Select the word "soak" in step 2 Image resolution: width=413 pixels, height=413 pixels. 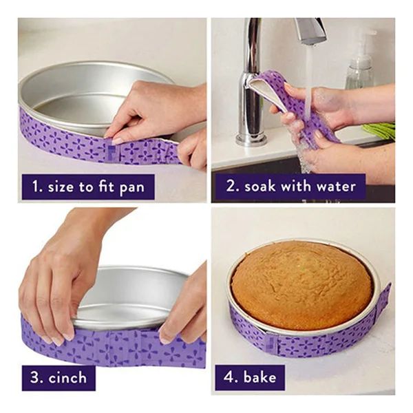(260, 187)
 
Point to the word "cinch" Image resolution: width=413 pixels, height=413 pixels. (67, 378)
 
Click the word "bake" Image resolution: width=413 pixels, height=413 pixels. (260, 377)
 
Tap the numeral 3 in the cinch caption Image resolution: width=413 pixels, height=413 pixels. (36, 378)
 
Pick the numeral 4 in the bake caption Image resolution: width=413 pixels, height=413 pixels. (229, 377)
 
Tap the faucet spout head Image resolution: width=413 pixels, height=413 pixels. (311, 31)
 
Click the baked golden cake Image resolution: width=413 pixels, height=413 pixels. (302, 285)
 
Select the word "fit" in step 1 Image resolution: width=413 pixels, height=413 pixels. (107, 187)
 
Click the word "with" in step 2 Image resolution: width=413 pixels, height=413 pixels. (296, 186)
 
